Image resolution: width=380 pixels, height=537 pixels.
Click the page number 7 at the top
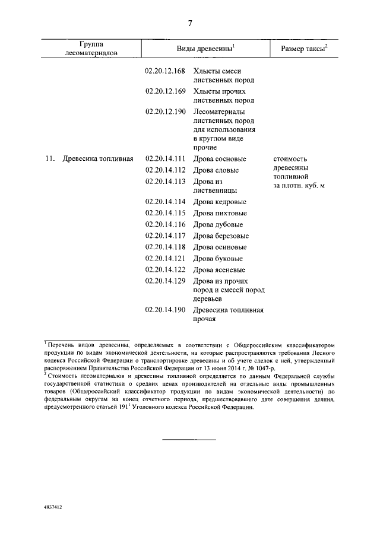(x=190, y=23)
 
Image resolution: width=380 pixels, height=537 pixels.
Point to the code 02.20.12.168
(x=166, y=71)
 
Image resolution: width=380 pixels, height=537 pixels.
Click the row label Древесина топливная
(x=97, y=158)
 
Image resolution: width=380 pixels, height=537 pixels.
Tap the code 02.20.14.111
(x=166, y=158)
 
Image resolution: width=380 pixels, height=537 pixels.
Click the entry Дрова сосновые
(x=220, y=158)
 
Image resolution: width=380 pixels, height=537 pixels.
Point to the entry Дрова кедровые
(x=220, y=202)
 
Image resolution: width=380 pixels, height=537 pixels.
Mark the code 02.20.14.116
(x=166, y=224)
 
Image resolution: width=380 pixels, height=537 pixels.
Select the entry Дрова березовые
(x=221, y=236)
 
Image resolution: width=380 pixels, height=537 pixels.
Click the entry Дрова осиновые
(x=220, y=247)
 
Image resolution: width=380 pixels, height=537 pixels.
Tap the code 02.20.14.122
(x=166, y=269)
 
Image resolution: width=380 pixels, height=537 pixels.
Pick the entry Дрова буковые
(x=218, y=258)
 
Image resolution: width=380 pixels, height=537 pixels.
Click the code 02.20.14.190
(x=166, y=310)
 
